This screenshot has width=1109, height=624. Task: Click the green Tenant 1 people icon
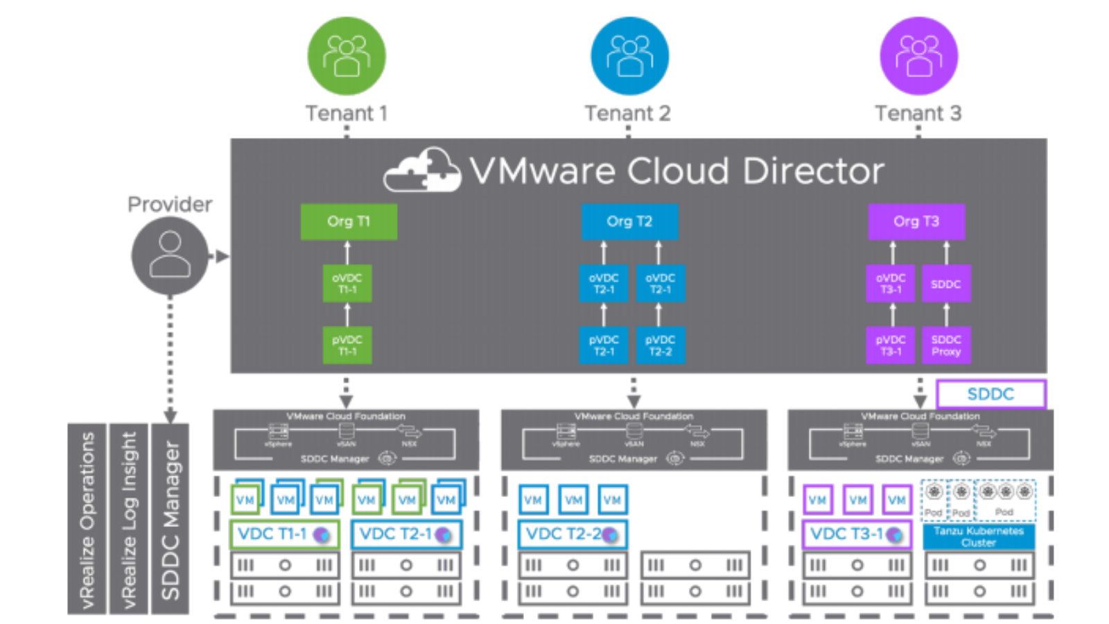tap(346, 56)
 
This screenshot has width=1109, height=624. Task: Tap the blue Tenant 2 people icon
tap(629, 56)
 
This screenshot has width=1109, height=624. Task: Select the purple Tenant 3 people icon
tap(918, 56)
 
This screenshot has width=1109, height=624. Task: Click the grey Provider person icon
tap(170, 255)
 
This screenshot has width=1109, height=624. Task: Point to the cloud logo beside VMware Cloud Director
tap(423, 171)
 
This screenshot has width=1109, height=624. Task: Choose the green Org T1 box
tap(349, 221)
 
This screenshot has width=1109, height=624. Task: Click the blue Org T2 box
tap(629, 221)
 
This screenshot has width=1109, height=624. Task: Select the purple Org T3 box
tap(916, 221)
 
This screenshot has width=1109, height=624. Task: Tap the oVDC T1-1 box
tap(347, 283)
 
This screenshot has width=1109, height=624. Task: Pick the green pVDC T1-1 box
tap(347, 345)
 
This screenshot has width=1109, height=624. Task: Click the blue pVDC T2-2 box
tap(660, 345)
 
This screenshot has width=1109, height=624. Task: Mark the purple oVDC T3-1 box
tap(891, 283)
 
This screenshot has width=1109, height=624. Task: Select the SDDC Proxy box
tap(946, 345)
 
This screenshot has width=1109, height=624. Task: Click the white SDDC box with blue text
tap(990, 394)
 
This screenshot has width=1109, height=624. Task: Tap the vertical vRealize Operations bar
tap(87, 519)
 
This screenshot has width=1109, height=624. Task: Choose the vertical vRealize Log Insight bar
tap(128, 519)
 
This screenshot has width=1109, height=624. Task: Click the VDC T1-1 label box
tap(284, 535)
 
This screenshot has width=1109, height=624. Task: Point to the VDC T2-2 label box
tap(573, 535)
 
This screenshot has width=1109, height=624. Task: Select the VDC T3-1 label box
tap(857, 535)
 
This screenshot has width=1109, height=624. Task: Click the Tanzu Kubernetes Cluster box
tap(979, 537)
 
